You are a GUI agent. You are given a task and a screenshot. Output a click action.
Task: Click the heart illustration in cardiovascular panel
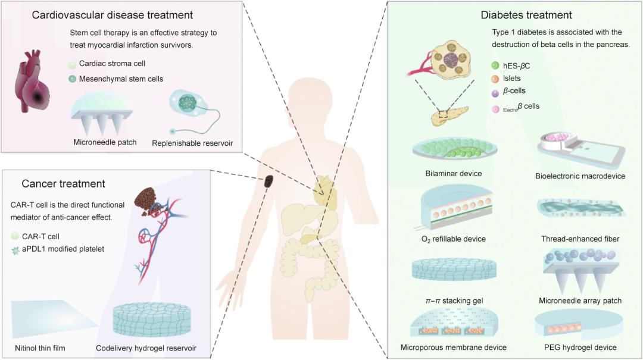point(32,86)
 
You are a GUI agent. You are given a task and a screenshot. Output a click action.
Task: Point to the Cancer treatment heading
point(63,184)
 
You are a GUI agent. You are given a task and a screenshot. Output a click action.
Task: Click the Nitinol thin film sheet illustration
point(48,318)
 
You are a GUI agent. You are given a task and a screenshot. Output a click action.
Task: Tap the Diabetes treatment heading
point(526,15)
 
